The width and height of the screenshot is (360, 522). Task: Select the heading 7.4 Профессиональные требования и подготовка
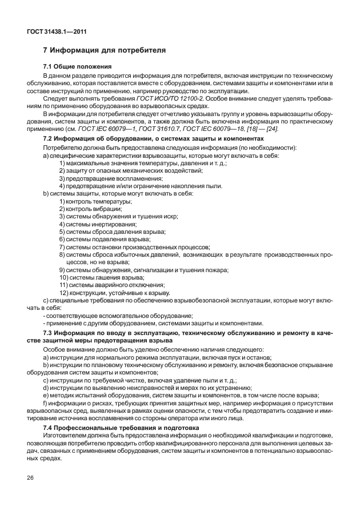(x=121, y=427)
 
